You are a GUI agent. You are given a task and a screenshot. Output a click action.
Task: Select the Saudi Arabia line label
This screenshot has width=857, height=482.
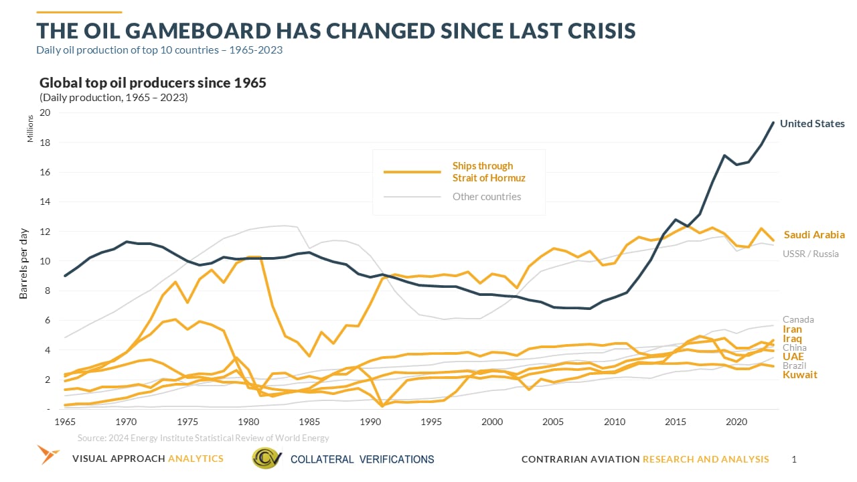pyautogui.click(x=814, y=235)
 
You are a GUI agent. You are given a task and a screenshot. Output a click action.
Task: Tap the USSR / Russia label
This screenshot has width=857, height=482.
pyautogui.click(x=810, y=254)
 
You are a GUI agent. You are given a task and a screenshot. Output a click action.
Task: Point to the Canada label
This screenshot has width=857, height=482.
pyautogui.click(x=798, y=319)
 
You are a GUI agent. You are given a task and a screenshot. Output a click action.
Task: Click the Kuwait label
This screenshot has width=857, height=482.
pyautogui.click(x=800, y=375)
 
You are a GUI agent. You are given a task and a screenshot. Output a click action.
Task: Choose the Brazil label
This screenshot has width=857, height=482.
pyautogui.click(x=795, y=366)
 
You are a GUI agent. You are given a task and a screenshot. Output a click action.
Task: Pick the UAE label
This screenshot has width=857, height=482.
pyautogui.click(x=793, y=356)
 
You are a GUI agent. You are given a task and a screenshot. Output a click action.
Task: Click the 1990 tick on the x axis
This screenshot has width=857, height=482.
pyautogui.click(x=370, y=422)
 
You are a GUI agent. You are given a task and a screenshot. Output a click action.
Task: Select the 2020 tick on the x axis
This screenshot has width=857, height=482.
pyautogui.click(x=736, y=422)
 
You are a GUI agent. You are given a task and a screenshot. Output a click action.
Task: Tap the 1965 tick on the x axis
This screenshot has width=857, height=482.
pyautogui.click(x=65, y=422)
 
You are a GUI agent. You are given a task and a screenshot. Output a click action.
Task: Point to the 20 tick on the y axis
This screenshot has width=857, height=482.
pyautogui.click(x=45, y=113)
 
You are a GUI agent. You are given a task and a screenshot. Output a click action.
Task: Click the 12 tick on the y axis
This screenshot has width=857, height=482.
pyautogui.click(x=45, y=232)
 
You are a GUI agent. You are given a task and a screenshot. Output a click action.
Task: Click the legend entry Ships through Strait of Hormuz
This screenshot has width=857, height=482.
pyautogui.click(x=482, y=171)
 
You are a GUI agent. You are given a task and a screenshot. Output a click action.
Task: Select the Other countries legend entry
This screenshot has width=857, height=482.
pyautogui.click(x=487, y=197)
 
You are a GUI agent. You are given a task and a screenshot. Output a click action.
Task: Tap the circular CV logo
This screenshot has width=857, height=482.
pyautogui.click(x=266, y=459)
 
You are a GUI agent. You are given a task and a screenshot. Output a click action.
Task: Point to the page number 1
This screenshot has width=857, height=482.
pyautogui.click(x=794, y=459)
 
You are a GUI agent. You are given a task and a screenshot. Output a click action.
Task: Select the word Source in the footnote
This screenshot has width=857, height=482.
pyautogui.click(x=92, y=438)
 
